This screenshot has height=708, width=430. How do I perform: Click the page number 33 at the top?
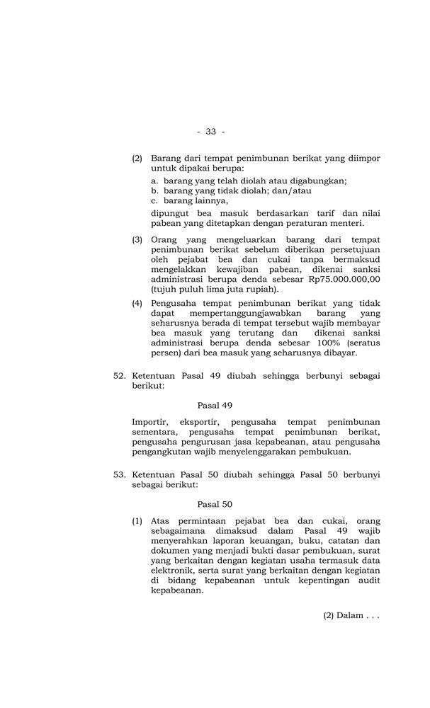click(210, 132)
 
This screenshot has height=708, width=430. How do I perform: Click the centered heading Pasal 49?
click(215, 406)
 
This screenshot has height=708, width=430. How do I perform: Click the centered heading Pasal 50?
click(215, 505)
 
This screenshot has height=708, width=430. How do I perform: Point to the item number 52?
click(120, 376)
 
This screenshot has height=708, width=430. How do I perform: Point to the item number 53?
click(120, 475)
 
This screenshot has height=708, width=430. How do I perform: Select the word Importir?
click(150, 422)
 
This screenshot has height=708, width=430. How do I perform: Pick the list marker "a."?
click(155, 181)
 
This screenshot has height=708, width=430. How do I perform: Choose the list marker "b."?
click(155, 190)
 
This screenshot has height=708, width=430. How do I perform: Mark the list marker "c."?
click(155, 200)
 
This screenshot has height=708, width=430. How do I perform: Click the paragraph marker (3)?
click(137, 240)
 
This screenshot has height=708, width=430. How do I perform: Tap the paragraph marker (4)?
click(137, 303)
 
